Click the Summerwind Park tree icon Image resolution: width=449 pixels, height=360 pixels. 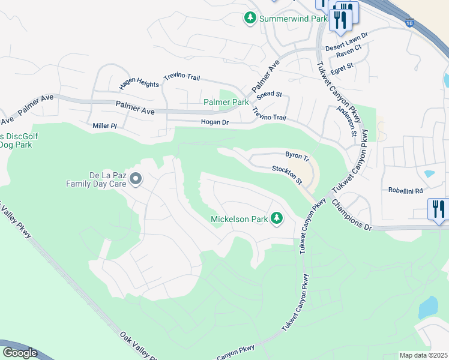pyautogui.click(x=250, y=19)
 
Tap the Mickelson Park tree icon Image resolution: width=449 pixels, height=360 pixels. pyautogui.click(x=277, y=219)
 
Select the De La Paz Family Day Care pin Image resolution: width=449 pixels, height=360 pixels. pyautogui.click(x=136, y=179)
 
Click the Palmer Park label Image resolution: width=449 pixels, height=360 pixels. pyautogui.click(x=226, y=102)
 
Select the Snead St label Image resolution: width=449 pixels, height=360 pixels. pyautogui.click(x=269, y=95)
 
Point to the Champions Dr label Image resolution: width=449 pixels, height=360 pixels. pyautogui.click(x=352, y=214)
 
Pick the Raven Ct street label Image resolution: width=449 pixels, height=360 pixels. pyautogui.click(x=348, y=54)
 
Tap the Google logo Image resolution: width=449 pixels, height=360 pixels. pyautogui.click(x=20, y=353)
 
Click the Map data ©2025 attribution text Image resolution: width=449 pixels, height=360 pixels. pyautogui.click(x=424, y=355)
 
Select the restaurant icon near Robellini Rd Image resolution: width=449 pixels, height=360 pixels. pyautogui.click(x=438, y=209)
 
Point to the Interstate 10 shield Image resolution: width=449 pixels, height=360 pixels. pyautogui.click(x=410, y=23)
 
